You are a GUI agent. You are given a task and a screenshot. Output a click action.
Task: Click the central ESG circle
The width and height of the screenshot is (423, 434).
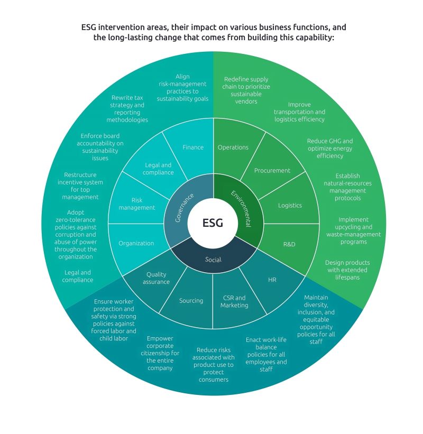[213, 223]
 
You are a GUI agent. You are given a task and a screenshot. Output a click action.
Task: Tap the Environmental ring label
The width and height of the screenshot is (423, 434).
[241, 208]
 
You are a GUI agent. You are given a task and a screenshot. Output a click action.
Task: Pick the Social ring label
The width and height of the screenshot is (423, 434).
[213, 260]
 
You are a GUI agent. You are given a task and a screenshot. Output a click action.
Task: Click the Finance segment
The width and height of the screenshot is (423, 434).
[192, 147]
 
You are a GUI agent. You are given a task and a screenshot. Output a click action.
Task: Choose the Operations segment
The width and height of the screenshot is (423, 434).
[233, 147]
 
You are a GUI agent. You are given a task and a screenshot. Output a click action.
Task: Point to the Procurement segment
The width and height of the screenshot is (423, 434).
[272, 171]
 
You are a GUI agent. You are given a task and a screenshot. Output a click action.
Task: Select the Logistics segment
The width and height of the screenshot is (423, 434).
[290, 205]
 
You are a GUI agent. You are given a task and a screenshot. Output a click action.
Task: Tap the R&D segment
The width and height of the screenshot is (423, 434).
[289, 245]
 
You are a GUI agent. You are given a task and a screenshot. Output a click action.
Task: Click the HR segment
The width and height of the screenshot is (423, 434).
[272, 280]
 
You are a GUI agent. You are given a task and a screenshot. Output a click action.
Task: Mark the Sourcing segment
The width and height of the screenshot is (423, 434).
[191, 301]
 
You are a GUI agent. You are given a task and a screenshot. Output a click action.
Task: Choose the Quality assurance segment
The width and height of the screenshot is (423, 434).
[157, 278]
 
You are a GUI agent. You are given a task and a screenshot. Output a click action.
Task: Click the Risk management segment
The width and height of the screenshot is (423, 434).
[136, 204]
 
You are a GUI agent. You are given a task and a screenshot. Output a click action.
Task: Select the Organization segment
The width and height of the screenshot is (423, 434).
[136, 244]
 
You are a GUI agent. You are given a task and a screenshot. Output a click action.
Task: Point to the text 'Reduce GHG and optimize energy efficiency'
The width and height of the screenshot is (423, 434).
[330, 149]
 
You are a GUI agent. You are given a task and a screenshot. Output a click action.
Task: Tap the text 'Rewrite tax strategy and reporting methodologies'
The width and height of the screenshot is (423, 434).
[127, 109]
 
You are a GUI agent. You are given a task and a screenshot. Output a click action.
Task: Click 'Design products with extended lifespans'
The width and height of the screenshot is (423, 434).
[347, 270]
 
